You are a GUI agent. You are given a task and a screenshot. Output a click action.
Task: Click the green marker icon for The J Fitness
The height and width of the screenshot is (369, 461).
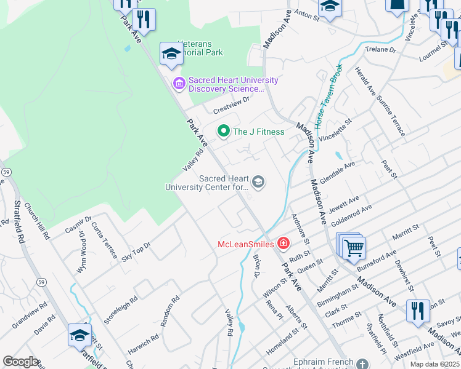tap(224, 131)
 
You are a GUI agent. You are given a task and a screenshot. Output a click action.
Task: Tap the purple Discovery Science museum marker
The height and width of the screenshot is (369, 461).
tap(179, 82)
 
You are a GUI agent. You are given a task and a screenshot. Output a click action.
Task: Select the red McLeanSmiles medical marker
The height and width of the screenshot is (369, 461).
tap(283, 244)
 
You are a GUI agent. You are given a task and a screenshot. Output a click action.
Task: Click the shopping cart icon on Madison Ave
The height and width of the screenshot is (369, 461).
tap(354, 248)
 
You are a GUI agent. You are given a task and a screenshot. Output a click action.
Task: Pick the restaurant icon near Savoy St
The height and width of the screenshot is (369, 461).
tap(418, 311)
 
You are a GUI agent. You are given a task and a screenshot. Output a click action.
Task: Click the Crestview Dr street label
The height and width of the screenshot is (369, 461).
tap(231, 105)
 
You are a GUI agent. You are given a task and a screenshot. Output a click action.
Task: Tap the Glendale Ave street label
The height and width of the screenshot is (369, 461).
tap(338, 173)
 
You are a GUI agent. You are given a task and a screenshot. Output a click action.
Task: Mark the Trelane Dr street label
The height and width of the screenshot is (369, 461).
tap(380, 49)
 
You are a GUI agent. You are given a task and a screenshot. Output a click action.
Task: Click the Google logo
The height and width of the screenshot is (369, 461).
tap(20, 362)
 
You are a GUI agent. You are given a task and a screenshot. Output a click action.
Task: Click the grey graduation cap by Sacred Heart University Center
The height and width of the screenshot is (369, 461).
tap(259, 181)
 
